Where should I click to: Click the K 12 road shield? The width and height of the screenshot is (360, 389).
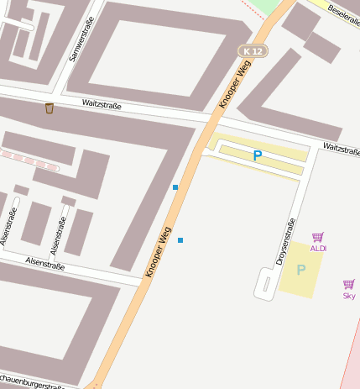[251, 51]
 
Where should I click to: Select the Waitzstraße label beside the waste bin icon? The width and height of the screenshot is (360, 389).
[102, 105]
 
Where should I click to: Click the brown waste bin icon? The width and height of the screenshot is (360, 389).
[50, 108]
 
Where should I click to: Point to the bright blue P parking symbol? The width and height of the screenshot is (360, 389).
[258, 155]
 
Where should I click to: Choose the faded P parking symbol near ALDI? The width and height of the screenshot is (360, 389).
[301, 270]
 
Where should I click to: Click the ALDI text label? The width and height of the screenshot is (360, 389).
[319, 249]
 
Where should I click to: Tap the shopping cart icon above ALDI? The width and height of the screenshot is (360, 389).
[318, 238]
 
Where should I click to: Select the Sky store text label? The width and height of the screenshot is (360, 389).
[349, 296]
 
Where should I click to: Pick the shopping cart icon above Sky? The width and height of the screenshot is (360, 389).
[349, 285]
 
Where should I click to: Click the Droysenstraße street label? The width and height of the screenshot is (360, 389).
[286, 242]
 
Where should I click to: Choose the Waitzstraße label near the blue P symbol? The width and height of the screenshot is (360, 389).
[341, 149]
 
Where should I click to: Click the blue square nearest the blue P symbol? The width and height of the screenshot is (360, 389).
[175, 187]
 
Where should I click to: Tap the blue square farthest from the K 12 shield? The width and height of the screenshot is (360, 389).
[180, 240]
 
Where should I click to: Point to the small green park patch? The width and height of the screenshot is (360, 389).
[266, 7]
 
